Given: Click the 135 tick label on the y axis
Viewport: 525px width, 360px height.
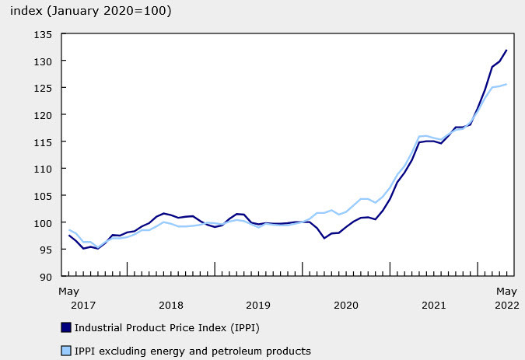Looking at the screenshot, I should point(41,34).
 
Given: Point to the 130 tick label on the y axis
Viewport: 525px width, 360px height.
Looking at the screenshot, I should point(41,61).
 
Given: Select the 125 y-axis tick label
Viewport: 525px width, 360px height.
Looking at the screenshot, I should point(41,88).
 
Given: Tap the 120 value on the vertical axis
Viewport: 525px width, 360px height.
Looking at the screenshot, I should point(41,115).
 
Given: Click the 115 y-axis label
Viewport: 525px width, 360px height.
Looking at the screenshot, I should point(41,142).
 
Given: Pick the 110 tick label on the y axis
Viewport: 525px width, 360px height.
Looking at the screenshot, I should point(41,169).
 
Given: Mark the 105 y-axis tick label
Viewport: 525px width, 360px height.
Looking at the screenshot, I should point(41,196).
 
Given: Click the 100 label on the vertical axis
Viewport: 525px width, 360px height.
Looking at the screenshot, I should point(41,223).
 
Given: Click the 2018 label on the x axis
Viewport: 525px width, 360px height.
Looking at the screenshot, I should point(170,305).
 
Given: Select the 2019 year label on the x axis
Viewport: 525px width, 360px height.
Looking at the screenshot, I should point(258,305).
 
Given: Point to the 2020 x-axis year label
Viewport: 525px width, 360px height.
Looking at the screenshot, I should point(346,305).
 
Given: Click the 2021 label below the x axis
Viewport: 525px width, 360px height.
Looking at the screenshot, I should point(434,305).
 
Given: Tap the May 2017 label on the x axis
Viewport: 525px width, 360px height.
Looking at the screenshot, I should point(70,298).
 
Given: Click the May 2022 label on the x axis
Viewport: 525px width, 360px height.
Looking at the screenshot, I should point(507,298).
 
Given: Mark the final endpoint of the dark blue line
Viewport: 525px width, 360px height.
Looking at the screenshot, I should point(507,51).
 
